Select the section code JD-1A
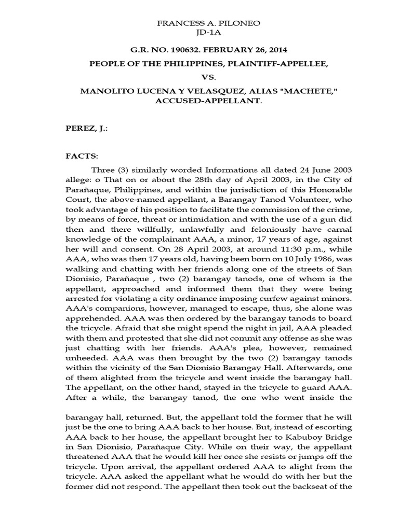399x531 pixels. click(200, 35)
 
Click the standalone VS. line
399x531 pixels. click(200, 77)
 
